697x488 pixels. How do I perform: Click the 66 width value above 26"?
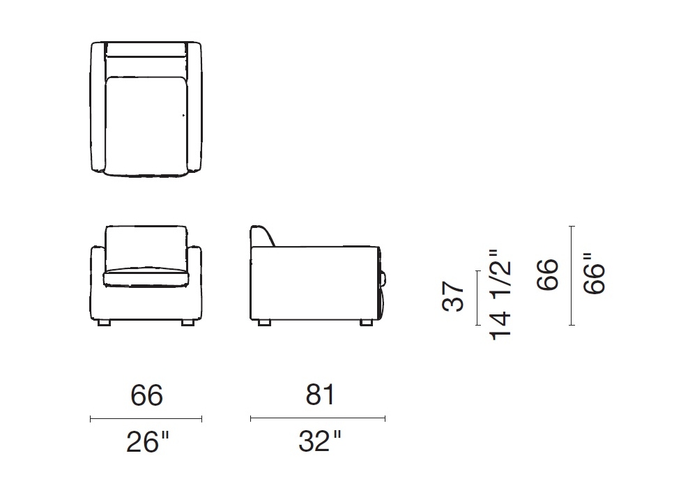(146, 395)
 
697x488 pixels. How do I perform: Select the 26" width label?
(148, 442)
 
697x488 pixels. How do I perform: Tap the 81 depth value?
(320, 394)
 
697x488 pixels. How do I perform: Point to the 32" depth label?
(320, 441)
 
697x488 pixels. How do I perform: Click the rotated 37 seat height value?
(454, 296)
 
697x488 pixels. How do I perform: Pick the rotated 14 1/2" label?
(500, 295)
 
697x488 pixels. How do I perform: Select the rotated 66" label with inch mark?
(595, 273)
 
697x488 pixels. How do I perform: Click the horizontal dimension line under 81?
(318, 418)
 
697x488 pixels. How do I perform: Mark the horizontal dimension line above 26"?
(146, 419)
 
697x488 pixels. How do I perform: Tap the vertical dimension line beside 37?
(478, 298)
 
